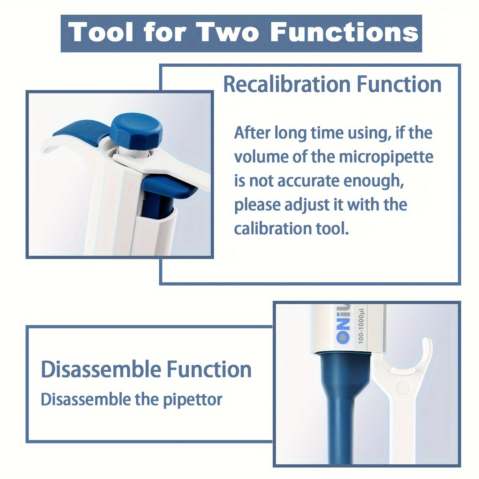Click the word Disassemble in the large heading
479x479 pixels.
tap(101, 369)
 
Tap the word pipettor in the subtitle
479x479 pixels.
tap(193, 400)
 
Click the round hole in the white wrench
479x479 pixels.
tap(403, 387)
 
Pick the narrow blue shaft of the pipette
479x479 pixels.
tap(339, 434)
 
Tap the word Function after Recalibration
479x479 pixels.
tap(399, 85)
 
